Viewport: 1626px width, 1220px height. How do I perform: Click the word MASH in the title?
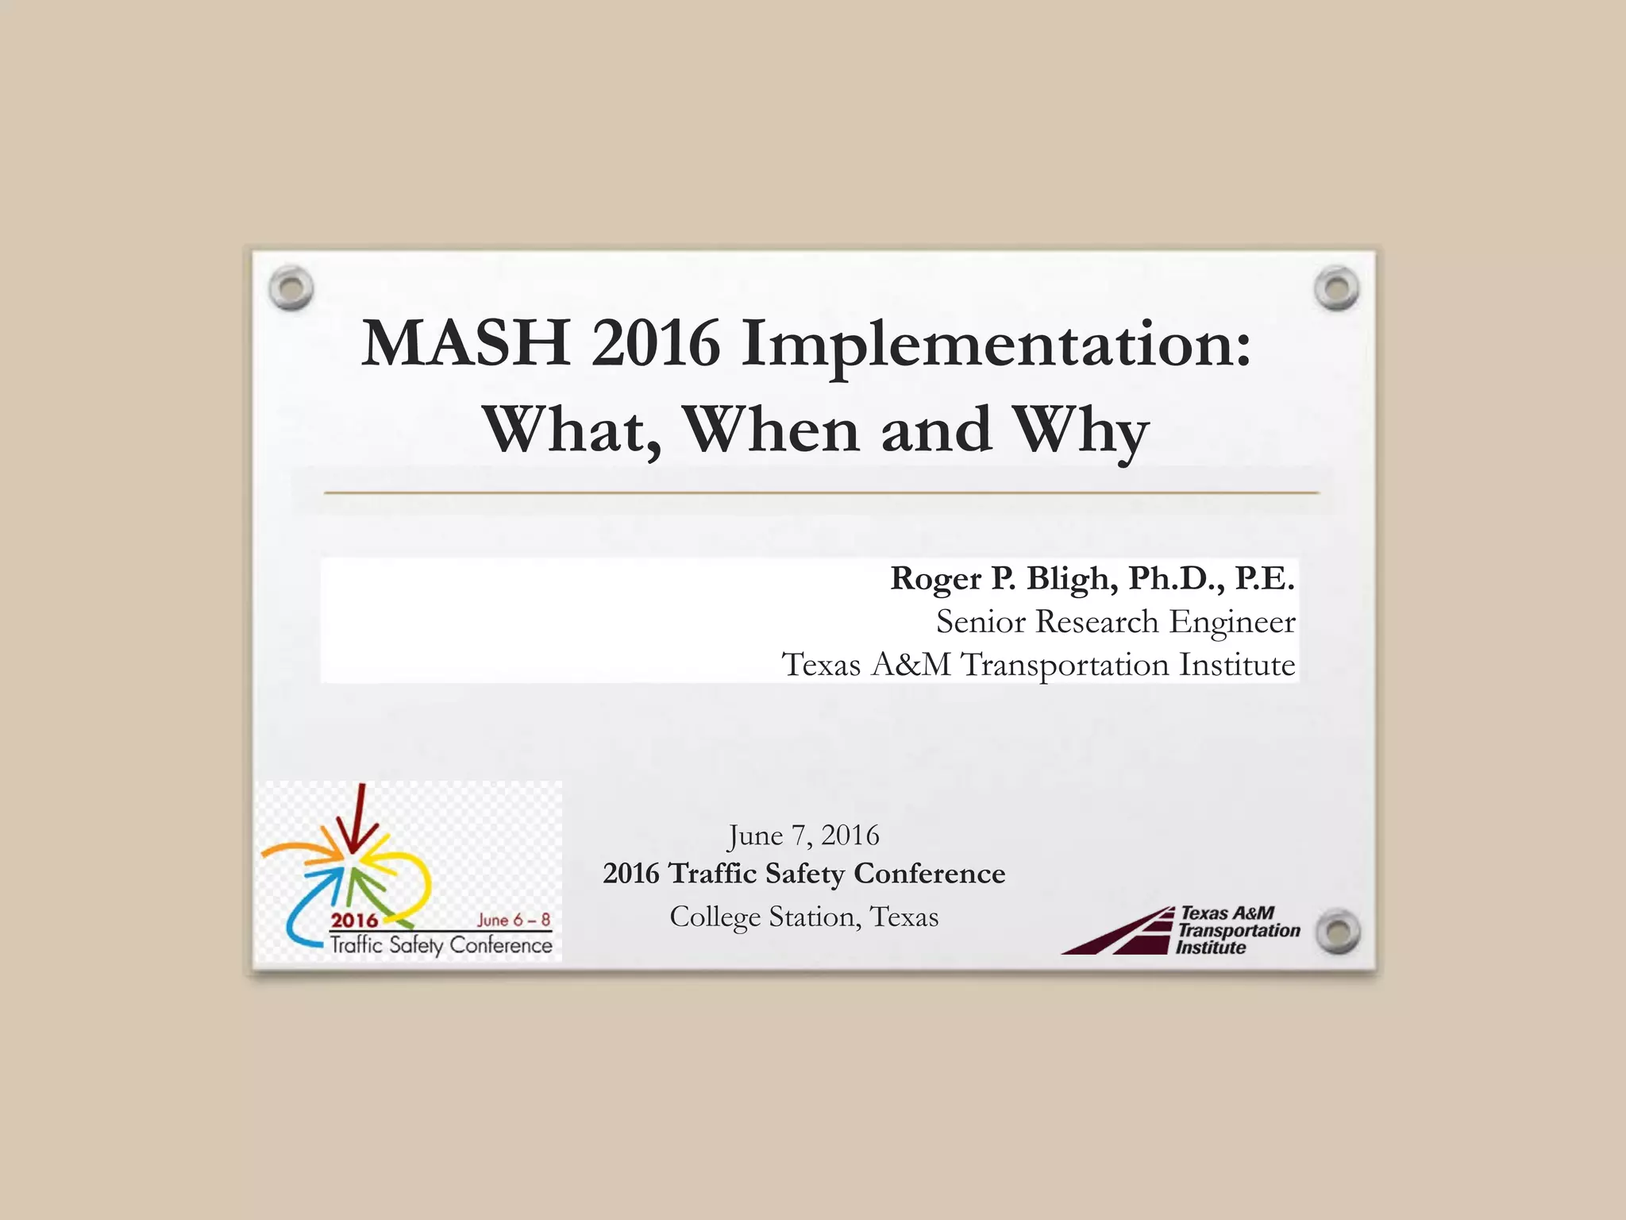[x=465, y=343]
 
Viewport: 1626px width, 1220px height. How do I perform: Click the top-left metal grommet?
[x=291, y=288]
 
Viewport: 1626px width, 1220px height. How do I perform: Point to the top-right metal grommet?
[x=1336, y=288]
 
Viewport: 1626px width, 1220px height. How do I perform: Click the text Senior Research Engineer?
[x=1115, y=621]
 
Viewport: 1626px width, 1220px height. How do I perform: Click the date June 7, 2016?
[x=803, y=835]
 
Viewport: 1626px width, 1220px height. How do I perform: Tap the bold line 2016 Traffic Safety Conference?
[x=803, y=874]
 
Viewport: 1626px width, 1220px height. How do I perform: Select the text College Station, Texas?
[x=803, y=917]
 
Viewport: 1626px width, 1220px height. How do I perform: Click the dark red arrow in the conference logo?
[x=359, y=818]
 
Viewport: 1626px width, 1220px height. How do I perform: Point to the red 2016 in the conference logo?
[x=354, y=921]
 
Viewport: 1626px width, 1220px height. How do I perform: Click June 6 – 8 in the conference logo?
[x=513, y=920]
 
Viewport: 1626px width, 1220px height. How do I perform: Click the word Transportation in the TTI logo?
[x=1239, y=930]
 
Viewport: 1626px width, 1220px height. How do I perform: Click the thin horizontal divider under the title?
[x=821, y=493]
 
